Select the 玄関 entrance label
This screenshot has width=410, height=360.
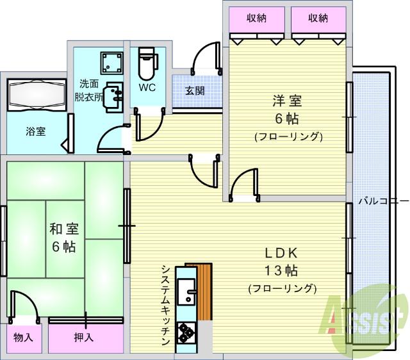[195, 90]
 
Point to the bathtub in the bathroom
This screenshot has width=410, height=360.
[37, 97]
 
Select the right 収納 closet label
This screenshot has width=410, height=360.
[318, 19]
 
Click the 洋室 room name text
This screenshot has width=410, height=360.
[288, 101]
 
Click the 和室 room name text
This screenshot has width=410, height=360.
[64, 229]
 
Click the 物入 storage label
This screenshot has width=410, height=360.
[25, 337]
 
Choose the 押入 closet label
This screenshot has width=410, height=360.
[84, 337]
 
